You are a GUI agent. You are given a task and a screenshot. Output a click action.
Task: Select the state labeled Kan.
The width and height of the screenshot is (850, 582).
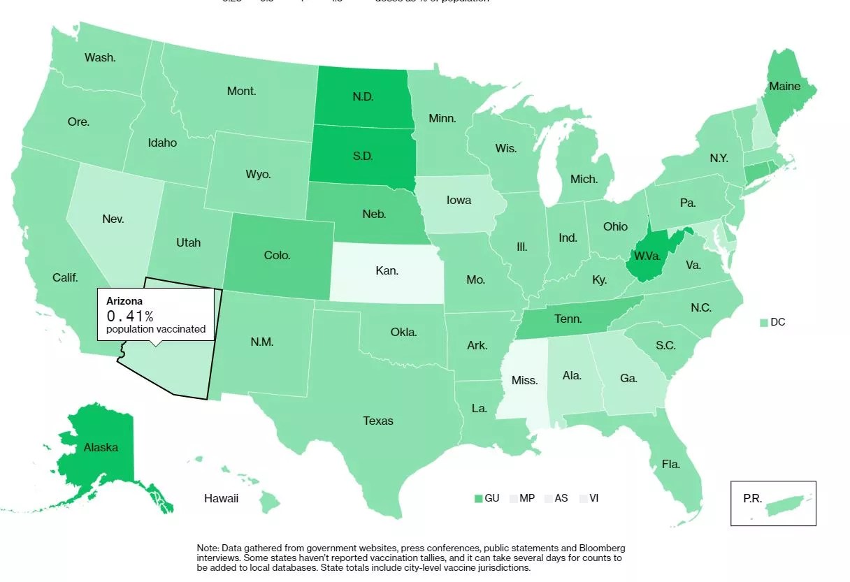tap(387, 270)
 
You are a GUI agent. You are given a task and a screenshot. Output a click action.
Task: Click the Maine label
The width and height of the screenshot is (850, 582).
tap(784, 87)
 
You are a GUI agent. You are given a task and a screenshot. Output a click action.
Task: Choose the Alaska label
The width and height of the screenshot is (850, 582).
tap(101, 447)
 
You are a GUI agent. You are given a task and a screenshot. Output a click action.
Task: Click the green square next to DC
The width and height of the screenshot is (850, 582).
tap(763, 323)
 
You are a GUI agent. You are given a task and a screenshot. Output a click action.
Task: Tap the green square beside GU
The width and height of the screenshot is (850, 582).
tap(478, 499)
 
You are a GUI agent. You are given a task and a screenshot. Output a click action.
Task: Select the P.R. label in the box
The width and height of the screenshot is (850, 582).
tap(753, 499)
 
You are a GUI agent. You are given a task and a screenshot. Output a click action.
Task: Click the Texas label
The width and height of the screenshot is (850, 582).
tap(378, 421)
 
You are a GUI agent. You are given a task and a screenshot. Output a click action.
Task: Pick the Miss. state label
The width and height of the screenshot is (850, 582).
tap(524, 381)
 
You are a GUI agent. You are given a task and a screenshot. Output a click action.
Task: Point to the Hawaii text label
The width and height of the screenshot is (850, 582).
tap(222, 498)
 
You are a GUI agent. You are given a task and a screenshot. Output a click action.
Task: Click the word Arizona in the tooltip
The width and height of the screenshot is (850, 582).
tap(124, 300)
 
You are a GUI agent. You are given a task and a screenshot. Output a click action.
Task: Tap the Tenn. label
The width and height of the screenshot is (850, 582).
tap(568, 319)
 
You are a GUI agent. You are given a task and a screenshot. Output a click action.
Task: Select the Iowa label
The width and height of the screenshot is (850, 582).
tap(459, 200)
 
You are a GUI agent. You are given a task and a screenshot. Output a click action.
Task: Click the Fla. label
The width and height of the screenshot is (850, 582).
tap(671, 464)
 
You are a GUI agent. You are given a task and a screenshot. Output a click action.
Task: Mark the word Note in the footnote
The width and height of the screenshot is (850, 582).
tap(208, 548)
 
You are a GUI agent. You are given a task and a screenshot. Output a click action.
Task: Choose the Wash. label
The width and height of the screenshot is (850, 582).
tap(100, 57)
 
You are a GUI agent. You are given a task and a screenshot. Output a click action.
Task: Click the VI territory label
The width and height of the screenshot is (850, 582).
tap(593, 498)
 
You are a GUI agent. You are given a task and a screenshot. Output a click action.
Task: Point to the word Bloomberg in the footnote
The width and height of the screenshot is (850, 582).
tap(593, 548)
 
